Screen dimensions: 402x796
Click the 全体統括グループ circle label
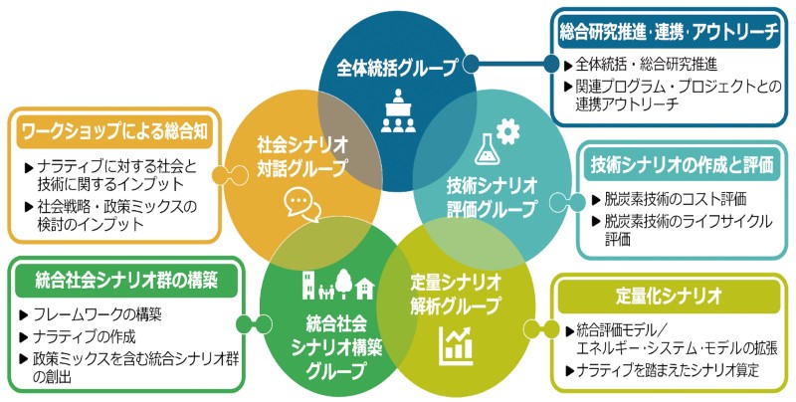(396, 69)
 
